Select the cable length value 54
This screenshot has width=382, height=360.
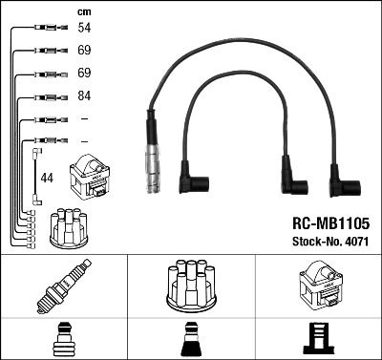[x=83, y=30]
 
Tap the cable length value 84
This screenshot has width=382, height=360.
[x=83, y=96]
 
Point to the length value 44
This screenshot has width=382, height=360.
[x=48, y=178]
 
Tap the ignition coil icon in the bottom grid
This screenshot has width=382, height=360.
[x=318, y=284]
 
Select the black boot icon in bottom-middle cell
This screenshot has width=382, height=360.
[x=190, y=339]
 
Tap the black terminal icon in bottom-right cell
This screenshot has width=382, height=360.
[x=318, y=339]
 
